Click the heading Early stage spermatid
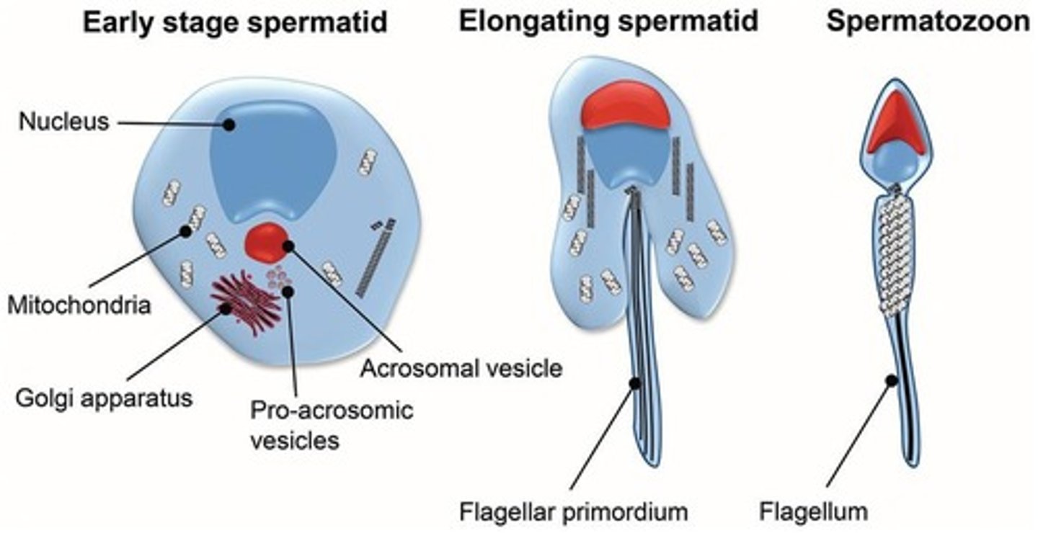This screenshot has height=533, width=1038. pyautogui.click(x=235, y=23)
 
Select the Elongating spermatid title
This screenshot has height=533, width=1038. pyautogui.click(x=609, y=22)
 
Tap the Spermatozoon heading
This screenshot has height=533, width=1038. pyautogui.click(x=928, y=22)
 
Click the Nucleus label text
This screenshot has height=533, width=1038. pyautogui.click(x=63, y=121)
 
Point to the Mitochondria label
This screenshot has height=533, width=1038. pyautogui.click(x=79, y=305)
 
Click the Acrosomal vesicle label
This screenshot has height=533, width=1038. pyautogui.click(x=461, y=368)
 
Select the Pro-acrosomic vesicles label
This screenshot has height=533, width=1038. pyautogui.click(x=331, y=424)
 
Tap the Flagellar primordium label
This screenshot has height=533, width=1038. pyautogui.click(x=574, y=512)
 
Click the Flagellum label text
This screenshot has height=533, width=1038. pyautogui.click(x=813, y=512)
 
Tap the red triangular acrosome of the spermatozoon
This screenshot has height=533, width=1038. pyautogui.click(x=895, y=125)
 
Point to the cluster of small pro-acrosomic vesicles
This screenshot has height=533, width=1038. pyautogui.click(x=278, y=277)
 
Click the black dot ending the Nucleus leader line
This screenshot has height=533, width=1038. pyautogui.click(x=229, y=125)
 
